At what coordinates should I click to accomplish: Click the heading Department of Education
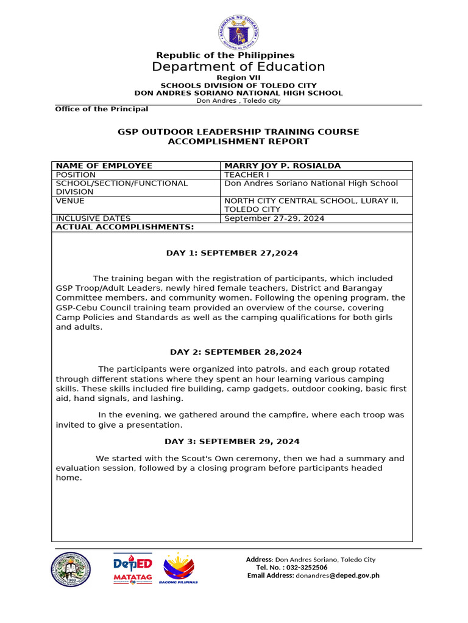click(x=238, y=67)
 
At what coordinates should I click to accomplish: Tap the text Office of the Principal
click(x=101, y=109)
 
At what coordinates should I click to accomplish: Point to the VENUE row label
click(x=70, y=201)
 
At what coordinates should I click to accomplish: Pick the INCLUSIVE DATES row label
click(x=93, y=218)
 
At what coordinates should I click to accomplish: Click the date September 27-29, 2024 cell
click(x=274, y=218)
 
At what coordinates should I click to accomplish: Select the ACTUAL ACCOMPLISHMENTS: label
click(x=124, y=227)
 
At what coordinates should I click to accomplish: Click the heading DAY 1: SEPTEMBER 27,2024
click(x=232, y=253)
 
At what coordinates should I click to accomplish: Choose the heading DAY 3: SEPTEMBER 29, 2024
click(x=232, y=442)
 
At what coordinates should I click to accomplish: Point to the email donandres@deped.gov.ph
click(x=337, y=576)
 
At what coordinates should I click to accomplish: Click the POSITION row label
click(x=76, y=175)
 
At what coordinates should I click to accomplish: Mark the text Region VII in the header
click(x=238, y=78)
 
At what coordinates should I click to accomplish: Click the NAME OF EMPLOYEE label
click(x=104, y=166)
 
